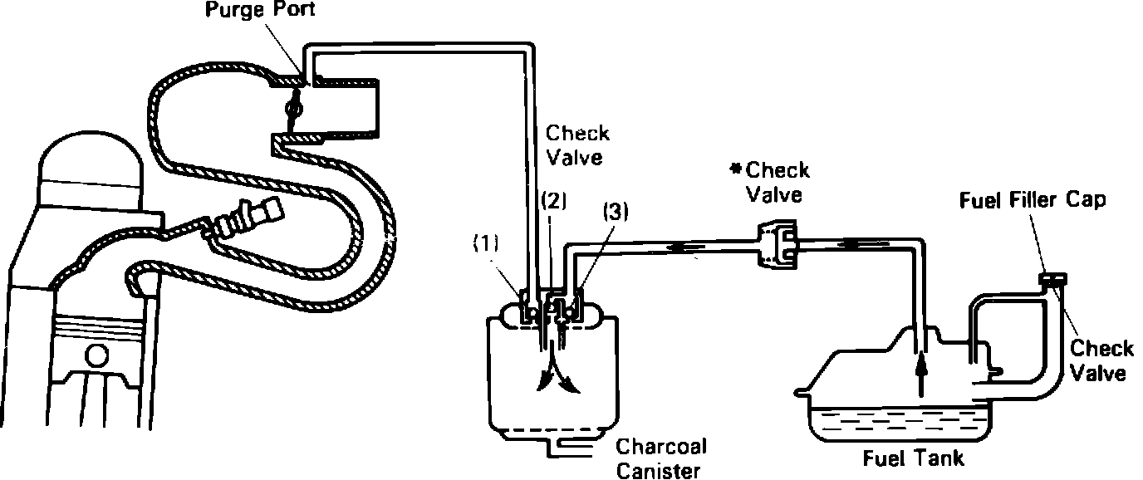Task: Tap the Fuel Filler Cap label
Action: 1033,202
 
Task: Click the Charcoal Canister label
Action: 661,458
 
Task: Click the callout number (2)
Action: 553,201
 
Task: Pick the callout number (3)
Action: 616,213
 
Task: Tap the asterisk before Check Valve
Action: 735,170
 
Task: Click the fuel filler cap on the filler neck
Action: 1053,280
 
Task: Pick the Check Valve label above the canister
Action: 577,145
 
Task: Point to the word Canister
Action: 661,471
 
